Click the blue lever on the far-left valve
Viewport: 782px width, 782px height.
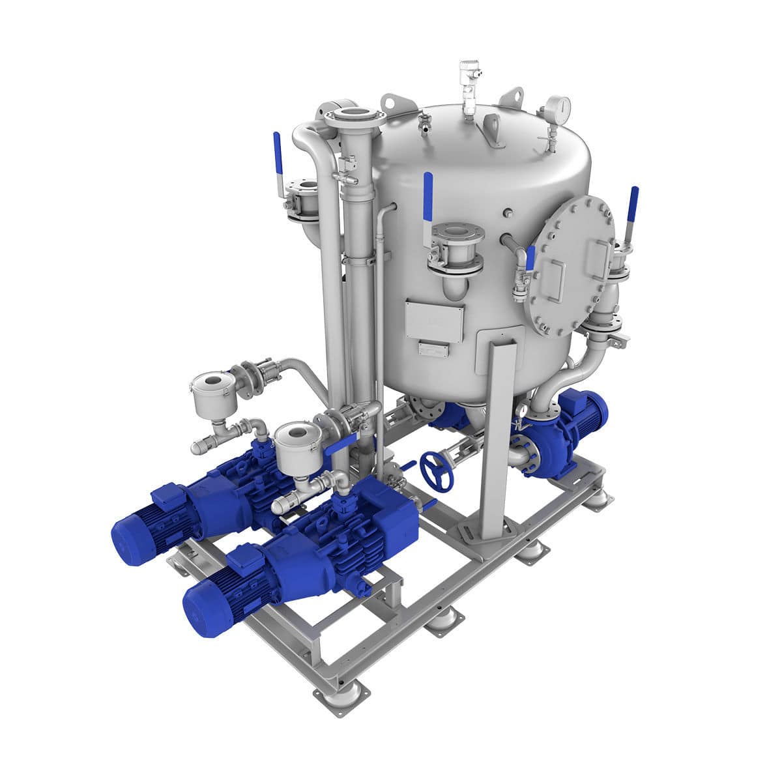(x=277, y=153)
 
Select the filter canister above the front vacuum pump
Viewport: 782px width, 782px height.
(x=297, y=446)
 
